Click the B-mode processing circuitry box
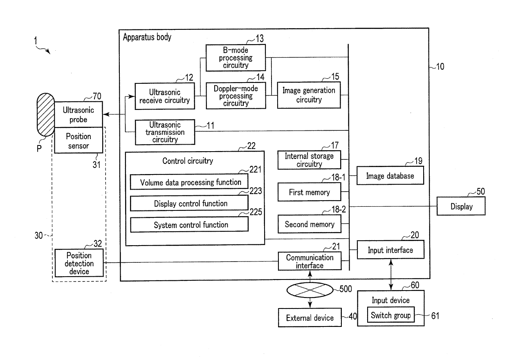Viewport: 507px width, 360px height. click(x=236, y=58)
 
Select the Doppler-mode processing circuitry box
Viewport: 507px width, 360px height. click(x=236, y=96)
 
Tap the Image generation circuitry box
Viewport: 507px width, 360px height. click(x=309, y=95)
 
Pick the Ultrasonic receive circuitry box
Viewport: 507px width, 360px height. click(x=165, y=96)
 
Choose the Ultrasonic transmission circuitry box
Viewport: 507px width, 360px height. click(x=165, y=132)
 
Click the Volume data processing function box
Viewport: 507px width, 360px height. click(x=189, y=182)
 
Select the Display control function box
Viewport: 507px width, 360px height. click(x=189, y=203)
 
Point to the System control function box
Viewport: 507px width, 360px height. click(x=189, y=224)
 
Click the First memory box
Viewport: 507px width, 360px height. click(x=310, y=192)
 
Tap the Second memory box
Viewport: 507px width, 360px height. click(x=310, y=224)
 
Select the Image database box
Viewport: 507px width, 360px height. click(x=390, y=176)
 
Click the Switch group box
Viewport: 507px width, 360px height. click(x=390, y=315)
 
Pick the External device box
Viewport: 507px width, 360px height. click(x=310, y=318)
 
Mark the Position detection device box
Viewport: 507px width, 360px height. click(x=79, y=263)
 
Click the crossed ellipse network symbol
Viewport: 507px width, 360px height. click(x=310, y=290)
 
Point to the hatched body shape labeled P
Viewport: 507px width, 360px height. click(x=46, y=114)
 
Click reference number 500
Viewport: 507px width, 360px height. click(x=345, y=289)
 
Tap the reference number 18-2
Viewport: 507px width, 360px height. click(x=339, y=210)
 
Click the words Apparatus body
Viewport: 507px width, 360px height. click(x=147, y=37)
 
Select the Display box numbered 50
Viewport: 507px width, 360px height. click(x=461, y=206)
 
